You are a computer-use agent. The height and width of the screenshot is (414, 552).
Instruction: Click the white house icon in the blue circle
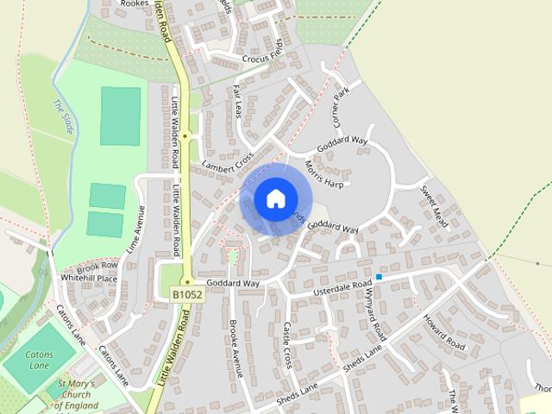(x=274, y=198)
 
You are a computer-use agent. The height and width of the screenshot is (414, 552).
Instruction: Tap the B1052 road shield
(x=186, y=295)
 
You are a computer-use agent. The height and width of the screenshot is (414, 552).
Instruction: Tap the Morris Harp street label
(x=325, y=173)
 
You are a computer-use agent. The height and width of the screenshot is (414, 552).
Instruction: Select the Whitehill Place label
(x=89, y=279)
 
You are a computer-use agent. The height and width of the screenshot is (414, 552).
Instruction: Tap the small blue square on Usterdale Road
(x=378, y=277)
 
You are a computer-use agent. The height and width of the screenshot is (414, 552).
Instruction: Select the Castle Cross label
(x=289, y=345)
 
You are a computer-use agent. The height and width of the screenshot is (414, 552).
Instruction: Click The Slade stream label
(x=63, y=118)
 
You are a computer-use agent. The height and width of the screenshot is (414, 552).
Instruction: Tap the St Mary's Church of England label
(x=79, y=394)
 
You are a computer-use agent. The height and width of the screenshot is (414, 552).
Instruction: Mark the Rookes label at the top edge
(x=135, y=3)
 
